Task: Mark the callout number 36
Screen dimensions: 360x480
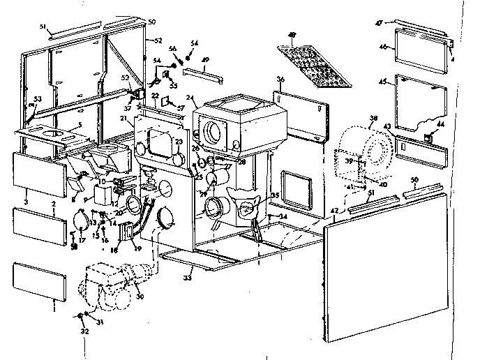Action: click(280, 79)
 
